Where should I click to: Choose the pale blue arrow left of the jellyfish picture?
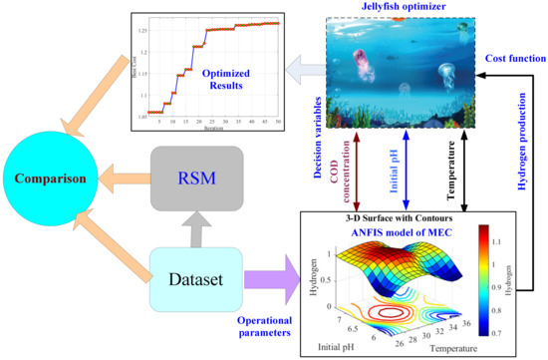coord(304,67)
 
